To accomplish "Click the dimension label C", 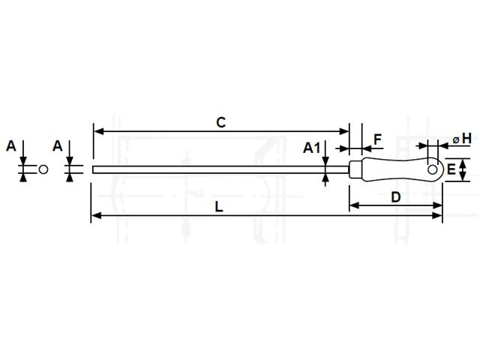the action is (220, 122).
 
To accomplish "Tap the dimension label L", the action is (218, 207).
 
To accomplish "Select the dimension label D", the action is (396, 197).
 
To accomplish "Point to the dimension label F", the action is (378, 139).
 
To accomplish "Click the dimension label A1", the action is (312, 148).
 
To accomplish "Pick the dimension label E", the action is (451, 169).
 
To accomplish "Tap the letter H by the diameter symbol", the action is (466, 138).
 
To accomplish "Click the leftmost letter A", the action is (11, 146).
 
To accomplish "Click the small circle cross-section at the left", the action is (43, 169).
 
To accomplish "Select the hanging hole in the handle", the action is (432, 169).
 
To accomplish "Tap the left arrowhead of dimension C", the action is (98, 132).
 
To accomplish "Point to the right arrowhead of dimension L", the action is (437, 215).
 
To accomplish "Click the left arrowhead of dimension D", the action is (355, 205).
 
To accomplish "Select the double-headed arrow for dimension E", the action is (463, 170).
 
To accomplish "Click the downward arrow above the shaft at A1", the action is (325, 153).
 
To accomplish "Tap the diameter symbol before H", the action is (456, 140).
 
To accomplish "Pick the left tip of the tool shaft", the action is (93, 169).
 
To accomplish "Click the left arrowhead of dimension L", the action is (96, 215).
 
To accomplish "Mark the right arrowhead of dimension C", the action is (344, 132).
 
